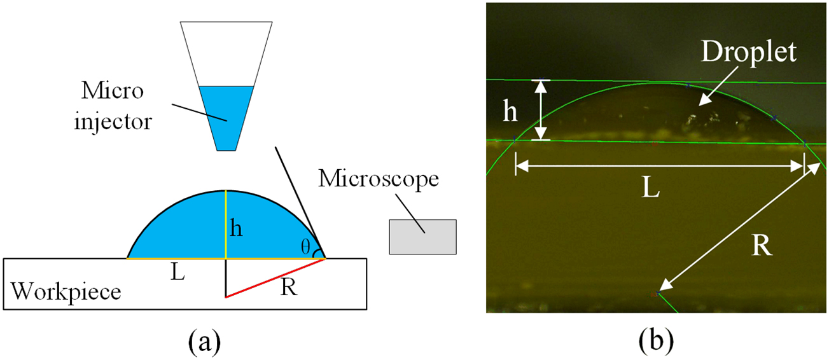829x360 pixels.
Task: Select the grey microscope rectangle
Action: pyautogui.click(x=422, y=237)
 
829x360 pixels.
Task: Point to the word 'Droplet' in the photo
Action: pyautogui.click(x=749, y=53)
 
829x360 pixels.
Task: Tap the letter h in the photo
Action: pyautogui.click(x=510, y=112)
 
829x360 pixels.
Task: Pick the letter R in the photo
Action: pyautogui.click(x=761, y=245)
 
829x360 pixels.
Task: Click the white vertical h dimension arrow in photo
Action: pyautogui.click(x=541, y=109)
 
